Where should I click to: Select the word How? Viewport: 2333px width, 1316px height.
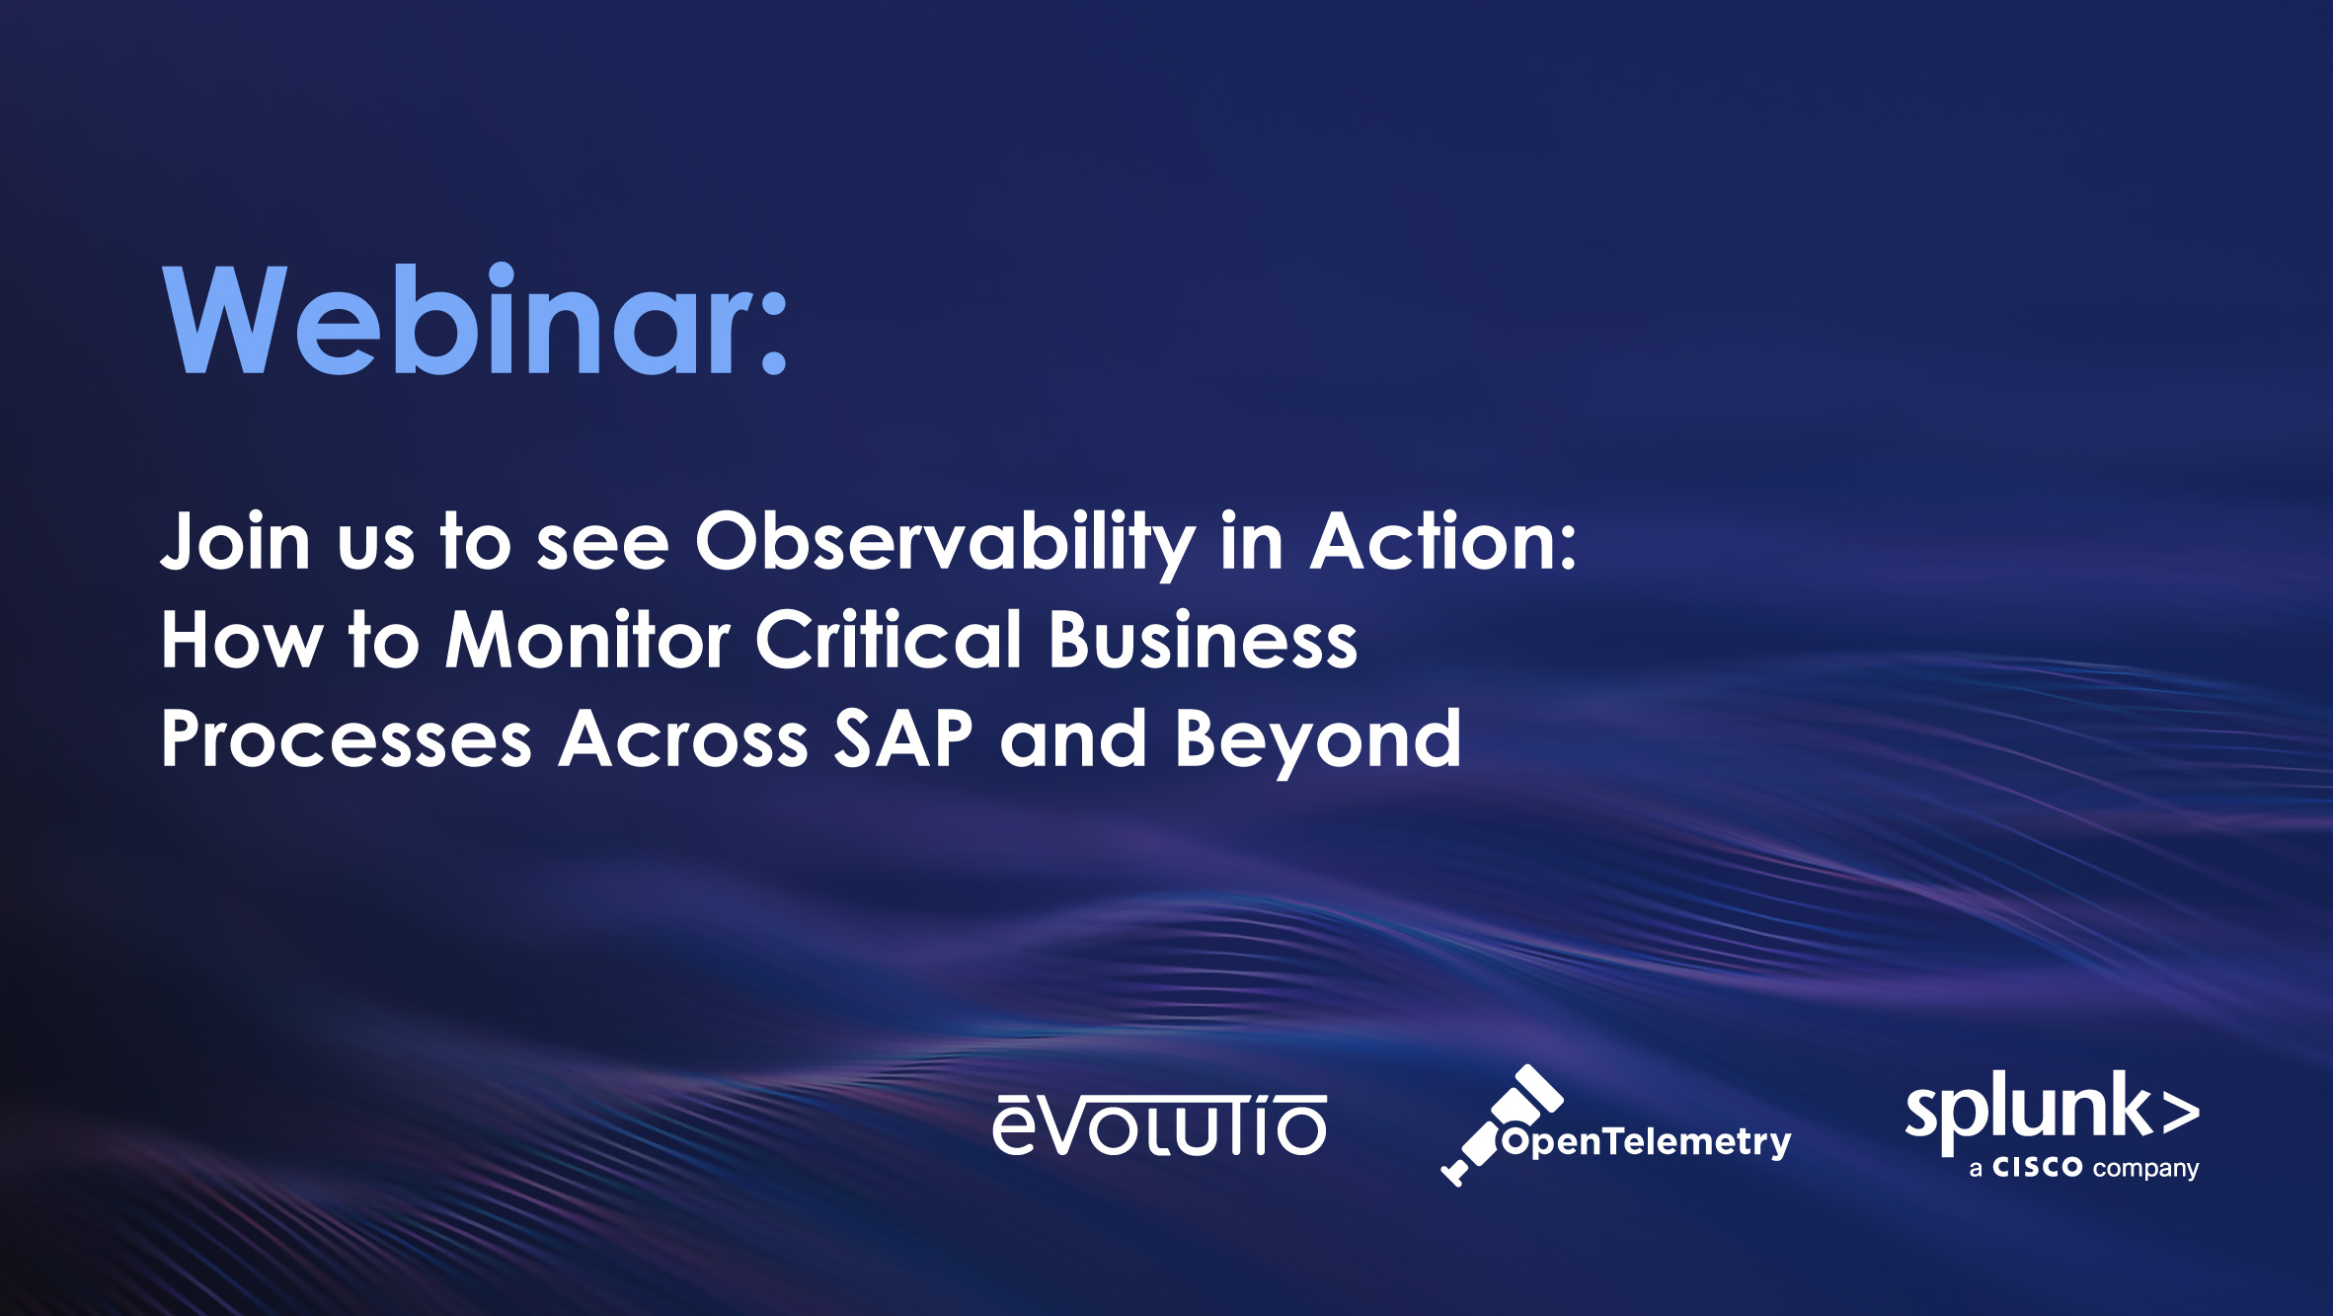tap(242, 640)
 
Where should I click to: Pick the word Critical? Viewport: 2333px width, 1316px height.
tap(889, 639)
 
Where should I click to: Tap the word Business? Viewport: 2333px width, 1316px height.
tap(1203, 640)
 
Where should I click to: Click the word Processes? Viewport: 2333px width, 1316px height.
tap(347, 739)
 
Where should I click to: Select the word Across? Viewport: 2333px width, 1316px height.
tap(683, 739)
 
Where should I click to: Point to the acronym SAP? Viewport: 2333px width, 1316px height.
tap(903, 738)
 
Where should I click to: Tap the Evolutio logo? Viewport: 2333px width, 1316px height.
tap(1160, 1125)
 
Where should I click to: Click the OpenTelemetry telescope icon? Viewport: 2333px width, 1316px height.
tap(1501, 1125)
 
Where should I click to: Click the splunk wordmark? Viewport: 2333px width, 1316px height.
tap(2029, 1111)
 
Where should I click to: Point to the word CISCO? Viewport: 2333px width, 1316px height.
tap(2037, 1168)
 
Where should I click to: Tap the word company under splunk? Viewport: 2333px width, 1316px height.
tap(2145, 1170)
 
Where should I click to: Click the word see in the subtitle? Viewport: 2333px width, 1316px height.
tap(602, 546)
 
